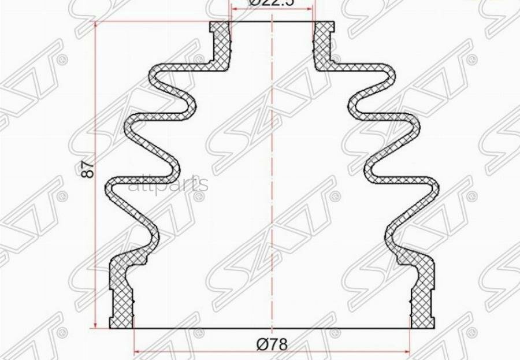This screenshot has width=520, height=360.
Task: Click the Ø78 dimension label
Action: point(272,344)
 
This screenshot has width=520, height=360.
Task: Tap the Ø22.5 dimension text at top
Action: point(272,3)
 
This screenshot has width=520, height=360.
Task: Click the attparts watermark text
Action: point(168,184)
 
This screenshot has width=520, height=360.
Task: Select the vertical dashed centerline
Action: point(272,173)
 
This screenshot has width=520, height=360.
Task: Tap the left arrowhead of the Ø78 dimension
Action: point(137,351)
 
